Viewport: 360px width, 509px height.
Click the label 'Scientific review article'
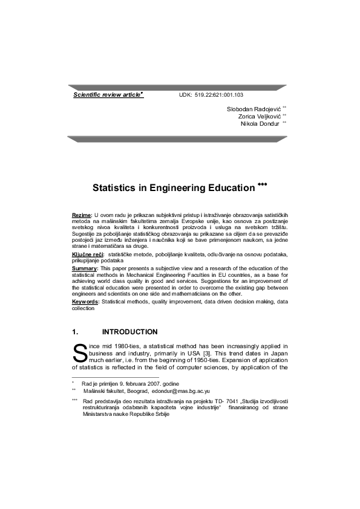tap(106, 95)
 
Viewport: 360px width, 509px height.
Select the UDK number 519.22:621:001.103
tap(219, 96)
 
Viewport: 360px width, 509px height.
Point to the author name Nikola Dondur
tap(260, 123)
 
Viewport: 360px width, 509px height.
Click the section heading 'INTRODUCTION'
tap(130, 331)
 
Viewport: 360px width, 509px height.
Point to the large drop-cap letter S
tap(79, 352)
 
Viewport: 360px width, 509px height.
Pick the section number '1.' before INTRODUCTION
tap(76, 331)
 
